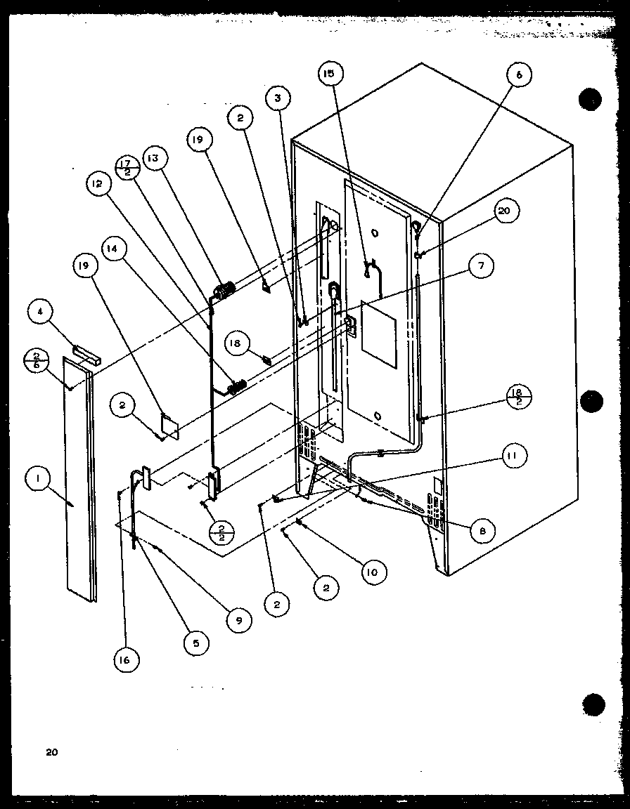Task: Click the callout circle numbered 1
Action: pyautogui.click(x=37, y=480)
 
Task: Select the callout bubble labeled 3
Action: pyautogui.click(x=278, y=98)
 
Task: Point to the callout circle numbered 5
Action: pyautogui.click(x=195, y=643)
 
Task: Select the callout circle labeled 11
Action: pyautogui.click(x=512, y=457)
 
